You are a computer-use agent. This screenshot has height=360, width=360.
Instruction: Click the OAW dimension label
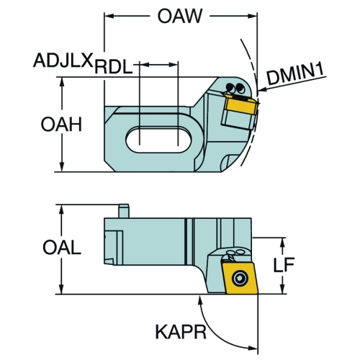point(180,16)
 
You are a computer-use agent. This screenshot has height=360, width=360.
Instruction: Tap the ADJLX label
point(63,60)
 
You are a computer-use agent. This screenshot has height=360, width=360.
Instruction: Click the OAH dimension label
point(61,125)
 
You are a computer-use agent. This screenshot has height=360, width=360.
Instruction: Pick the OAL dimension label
point(62,248)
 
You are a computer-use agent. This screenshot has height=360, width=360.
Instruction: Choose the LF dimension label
point(284,265)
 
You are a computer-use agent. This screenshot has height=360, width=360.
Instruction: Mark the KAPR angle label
point(181,332)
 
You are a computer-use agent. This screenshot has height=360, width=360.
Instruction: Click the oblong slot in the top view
point(158,140)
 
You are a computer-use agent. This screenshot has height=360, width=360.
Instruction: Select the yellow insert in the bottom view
point(240,278)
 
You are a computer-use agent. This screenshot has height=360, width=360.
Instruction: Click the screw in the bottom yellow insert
point(240,278)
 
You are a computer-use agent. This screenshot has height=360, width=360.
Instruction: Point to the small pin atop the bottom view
point(124,211)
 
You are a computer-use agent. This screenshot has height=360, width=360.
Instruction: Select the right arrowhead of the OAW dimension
point(253,16)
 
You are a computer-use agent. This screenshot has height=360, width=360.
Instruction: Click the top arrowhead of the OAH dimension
point(62,82)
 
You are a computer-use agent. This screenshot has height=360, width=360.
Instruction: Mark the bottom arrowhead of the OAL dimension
point(62,289)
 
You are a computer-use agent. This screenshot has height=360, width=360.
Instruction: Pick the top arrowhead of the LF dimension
point(284,243)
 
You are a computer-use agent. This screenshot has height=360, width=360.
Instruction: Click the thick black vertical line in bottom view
point(186,242)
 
